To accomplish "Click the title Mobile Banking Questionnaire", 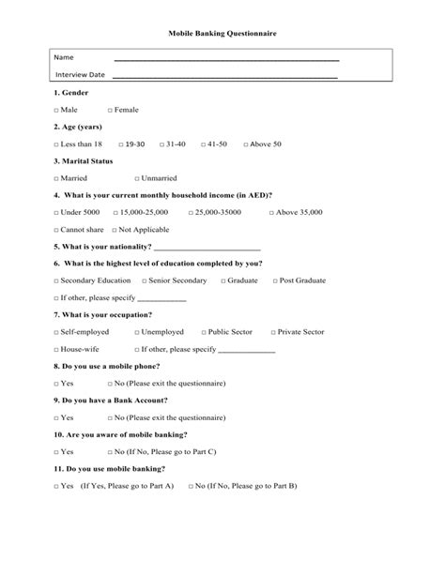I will [x=222, y=33].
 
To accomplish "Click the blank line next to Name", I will [x=225, y=59].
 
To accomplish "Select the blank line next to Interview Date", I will [x=225, y=76].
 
